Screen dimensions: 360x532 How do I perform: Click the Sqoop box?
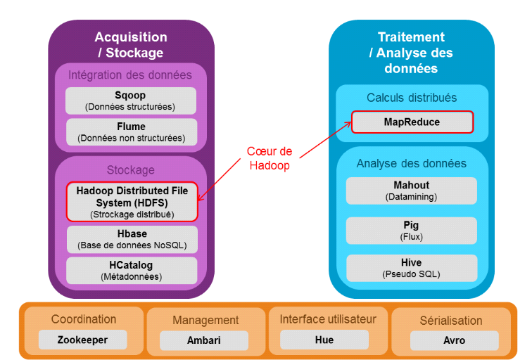pyautogui.click(x=130, y=101)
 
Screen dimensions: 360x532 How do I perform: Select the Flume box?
pyautogui.click(x=130, y=132)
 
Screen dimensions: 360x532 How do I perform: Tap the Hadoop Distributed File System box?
pyautogui.click(x=132, y=202)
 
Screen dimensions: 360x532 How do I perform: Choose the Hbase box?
pyautogui.click(x=132, y=239)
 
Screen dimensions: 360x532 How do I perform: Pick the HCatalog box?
pyautogui.click(x=131, y=271)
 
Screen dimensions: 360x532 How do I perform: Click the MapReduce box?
pyautogui.click(x=412, y=122)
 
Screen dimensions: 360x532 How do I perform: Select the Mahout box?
pyautogui.click(x=411, y=191)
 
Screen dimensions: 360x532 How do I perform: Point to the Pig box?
pyautogui.click(x=411, y=231)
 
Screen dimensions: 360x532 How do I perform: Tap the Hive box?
pyautogui.click(x=411, y=267)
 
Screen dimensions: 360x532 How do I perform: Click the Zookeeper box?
pyautogui.click(x=83, y=340)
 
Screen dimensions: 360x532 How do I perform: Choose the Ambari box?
pyautogui.click(x=204, y=340)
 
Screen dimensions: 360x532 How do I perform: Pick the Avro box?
pyautogui.click(x=454, y=340)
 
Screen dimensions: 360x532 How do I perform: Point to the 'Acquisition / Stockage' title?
pyautogui.click(x=130, y=45)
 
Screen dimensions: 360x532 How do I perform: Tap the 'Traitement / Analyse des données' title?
pyautogui.click(x=411, y=53)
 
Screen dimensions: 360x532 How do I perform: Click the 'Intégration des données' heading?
pyautogui.click(x=130, y=75)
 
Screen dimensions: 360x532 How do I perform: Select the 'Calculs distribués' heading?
pyautogui.click(x=412, y=98)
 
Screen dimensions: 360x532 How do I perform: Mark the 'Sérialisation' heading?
pyautogui.click(x=451, y=321)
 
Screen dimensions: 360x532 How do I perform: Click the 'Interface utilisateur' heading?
pyautogui.click(x=328, y=319)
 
